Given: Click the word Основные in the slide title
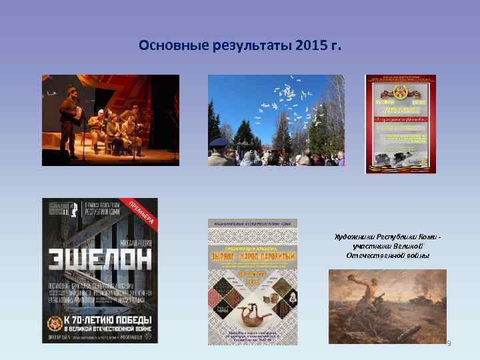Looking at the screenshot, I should tap(170, 45).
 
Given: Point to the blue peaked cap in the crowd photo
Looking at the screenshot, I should tap(219, 141).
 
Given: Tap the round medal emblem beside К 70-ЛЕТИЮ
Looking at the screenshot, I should tap(55, 324).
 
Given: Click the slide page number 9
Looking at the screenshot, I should tap(449, 343).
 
